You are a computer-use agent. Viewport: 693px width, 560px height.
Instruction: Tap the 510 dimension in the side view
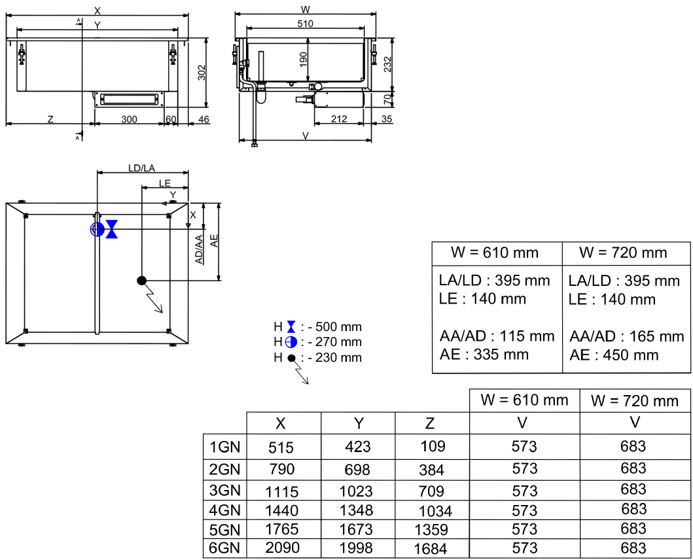point(305,24)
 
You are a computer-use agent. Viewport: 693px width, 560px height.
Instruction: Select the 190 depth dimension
point(303,60)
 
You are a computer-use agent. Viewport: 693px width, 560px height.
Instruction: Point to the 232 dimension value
point(387,65)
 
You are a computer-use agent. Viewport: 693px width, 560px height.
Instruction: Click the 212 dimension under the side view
point(339,118)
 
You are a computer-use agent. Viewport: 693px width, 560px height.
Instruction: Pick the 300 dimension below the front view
point(129,118)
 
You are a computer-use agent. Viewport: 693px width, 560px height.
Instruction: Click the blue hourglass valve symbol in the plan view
point(112,228)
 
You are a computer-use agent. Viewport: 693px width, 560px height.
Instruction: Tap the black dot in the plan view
point(141,281)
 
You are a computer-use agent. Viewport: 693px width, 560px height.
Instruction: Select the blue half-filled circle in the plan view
point(97,228)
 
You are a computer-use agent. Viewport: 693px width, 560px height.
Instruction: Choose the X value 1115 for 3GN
point(281,491)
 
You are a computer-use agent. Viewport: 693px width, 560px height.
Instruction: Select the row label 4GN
point(224,510)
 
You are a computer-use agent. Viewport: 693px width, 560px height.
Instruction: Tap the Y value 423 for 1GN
point(357,447)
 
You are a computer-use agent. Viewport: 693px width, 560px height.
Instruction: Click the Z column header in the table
point(430,423)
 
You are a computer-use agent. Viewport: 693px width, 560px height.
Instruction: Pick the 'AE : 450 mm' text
point(614,355)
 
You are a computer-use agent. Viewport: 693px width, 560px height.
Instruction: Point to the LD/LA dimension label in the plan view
point(141,168)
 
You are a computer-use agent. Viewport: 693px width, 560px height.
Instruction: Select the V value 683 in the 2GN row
point(633,468)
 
